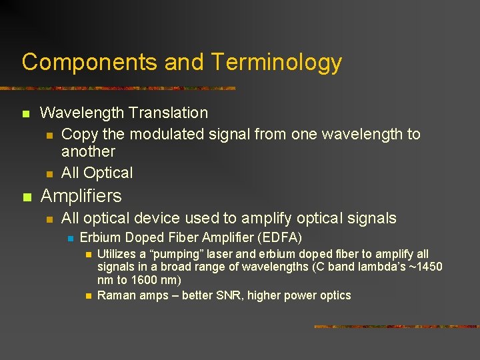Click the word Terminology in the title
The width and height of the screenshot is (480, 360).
click(x=277, y=62)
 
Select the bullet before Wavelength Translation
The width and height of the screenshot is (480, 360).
click(x=26, y=114)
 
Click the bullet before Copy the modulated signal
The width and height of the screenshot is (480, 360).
click(x=49, y=135)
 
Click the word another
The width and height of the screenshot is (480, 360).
click(x=88, y=152)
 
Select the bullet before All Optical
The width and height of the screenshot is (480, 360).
click(x=49, y=173)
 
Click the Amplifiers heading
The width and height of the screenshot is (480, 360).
click(x=81, y=196)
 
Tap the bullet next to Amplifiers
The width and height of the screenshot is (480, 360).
click(x=26, y=197)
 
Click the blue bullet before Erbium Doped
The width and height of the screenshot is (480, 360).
click(x=68, y=239)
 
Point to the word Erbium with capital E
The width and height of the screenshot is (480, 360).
click(x=100, y=238)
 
